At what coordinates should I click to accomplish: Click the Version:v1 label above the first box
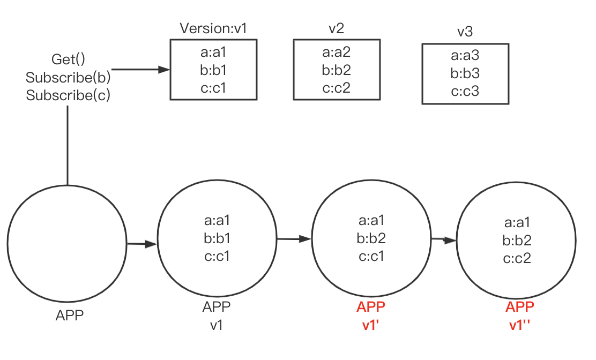pos(213,28)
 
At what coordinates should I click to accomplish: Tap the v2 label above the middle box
pos(336,28)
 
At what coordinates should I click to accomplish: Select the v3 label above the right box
pos(465,32)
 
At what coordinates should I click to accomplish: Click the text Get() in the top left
pos(68,59)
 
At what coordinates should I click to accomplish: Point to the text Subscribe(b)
pos(68,77)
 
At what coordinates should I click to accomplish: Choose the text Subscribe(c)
pos(68,95)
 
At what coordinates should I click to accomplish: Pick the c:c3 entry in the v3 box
pos(465,91)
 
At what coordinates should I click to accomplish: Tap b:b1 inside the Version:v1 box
pos(213,70)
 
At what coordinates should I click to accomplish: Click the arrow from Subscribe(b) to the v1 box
pos(140,70)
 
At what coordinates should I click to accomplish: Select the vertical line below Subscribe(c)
pos(68,145)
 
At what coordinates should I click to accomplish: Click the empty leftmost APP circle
pos(67,244)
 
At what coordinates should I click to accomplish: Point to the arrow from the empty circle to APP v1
pos(141,244)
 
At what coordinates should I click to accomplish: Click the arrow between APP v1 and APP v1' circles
pos(294,238)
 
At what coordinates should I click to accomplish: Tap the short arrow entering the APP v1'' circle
pos(444,239)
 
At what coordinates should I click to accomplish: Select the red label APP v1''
pos(519,316)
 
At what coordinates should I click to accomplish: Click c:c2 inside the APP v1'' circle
pos(517,258)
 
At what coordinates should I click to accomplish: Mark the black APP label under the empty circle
pos(70,316)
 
